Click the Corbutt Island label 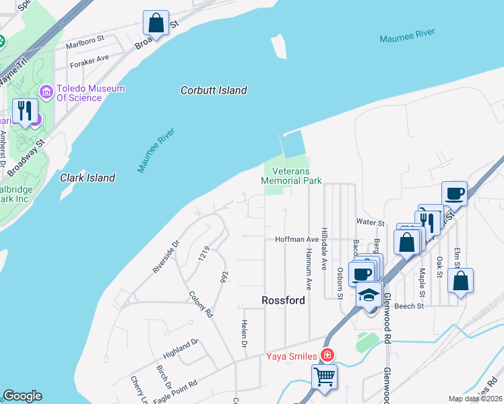point(214,90)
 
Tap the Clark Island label point(88,178)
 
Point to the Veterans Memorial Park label point(291,176)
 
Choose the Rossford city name point(284,300)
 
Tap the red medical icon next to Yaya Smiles point(327,355)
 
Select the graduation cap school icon point(369,294)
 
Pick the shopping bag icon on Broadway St point(156,22)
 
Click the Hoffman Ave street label point(296,239)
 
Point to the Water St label point(370,222)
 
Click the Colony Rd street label point(201,304)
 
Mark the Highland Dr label point(181,347)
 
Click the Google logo point(22,396)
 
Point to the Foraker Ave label point(88,59)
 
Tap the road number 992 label point(223,277)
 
